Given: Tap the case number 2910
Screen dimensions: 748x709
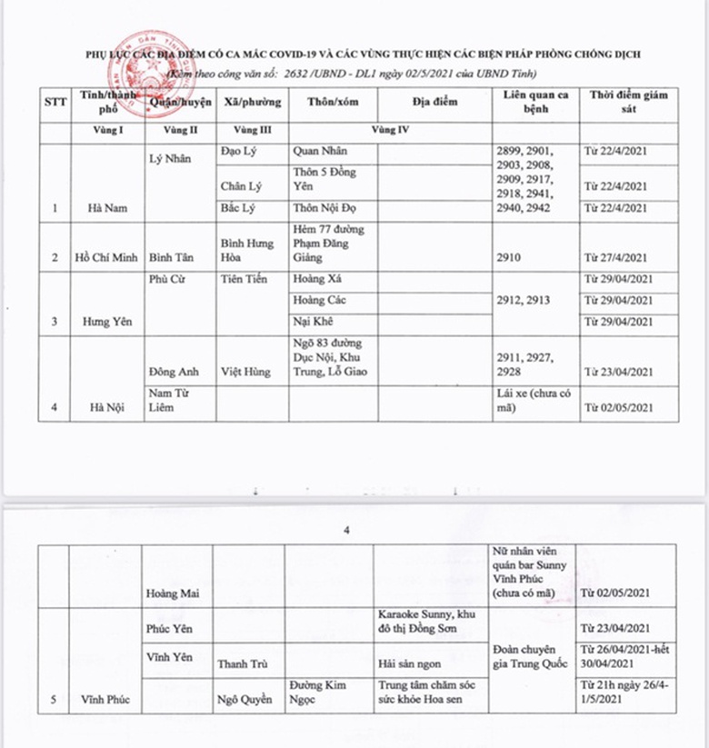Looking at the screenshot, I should tap(511, 257).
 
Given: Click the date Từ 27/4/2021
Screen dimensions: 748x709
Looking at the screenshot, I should tap(618, 257).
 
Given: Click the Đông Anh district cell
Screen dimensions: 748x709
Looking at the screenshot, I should tap(174, 371).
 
